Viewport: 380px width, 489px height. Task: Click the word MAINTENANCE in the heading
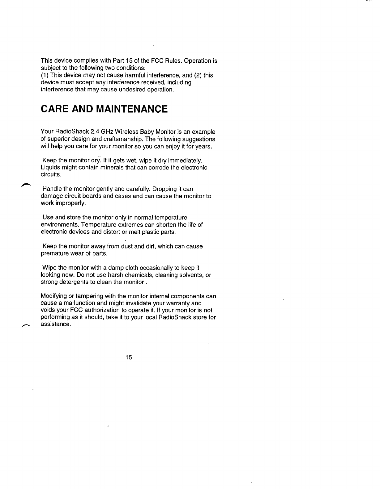coord(132,109)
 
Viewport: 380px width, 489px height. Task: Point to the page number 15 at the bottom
coord(129,357)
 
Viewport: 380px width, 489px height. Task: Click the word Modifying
coord(53,296)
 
